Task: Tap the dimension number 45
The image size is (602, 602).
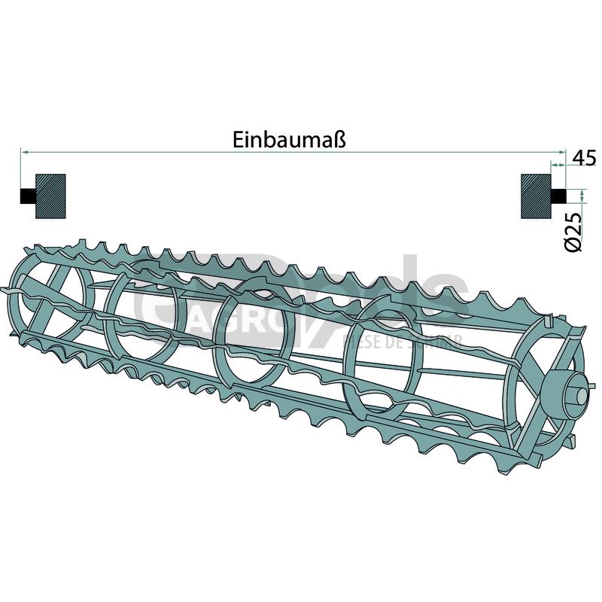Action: click(584, 158)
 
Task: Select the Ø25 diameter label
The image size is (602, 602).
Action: click(573, 231)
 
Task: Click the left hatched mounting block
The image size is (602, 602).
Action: click(50, 196)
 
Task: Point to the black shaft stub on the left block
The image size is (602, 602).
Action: click(27, 196)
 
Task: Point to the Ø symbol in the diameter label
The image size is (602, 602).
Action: click(573, 245)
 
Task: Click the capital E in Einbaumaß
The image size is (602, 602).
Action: click(237, 141)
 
